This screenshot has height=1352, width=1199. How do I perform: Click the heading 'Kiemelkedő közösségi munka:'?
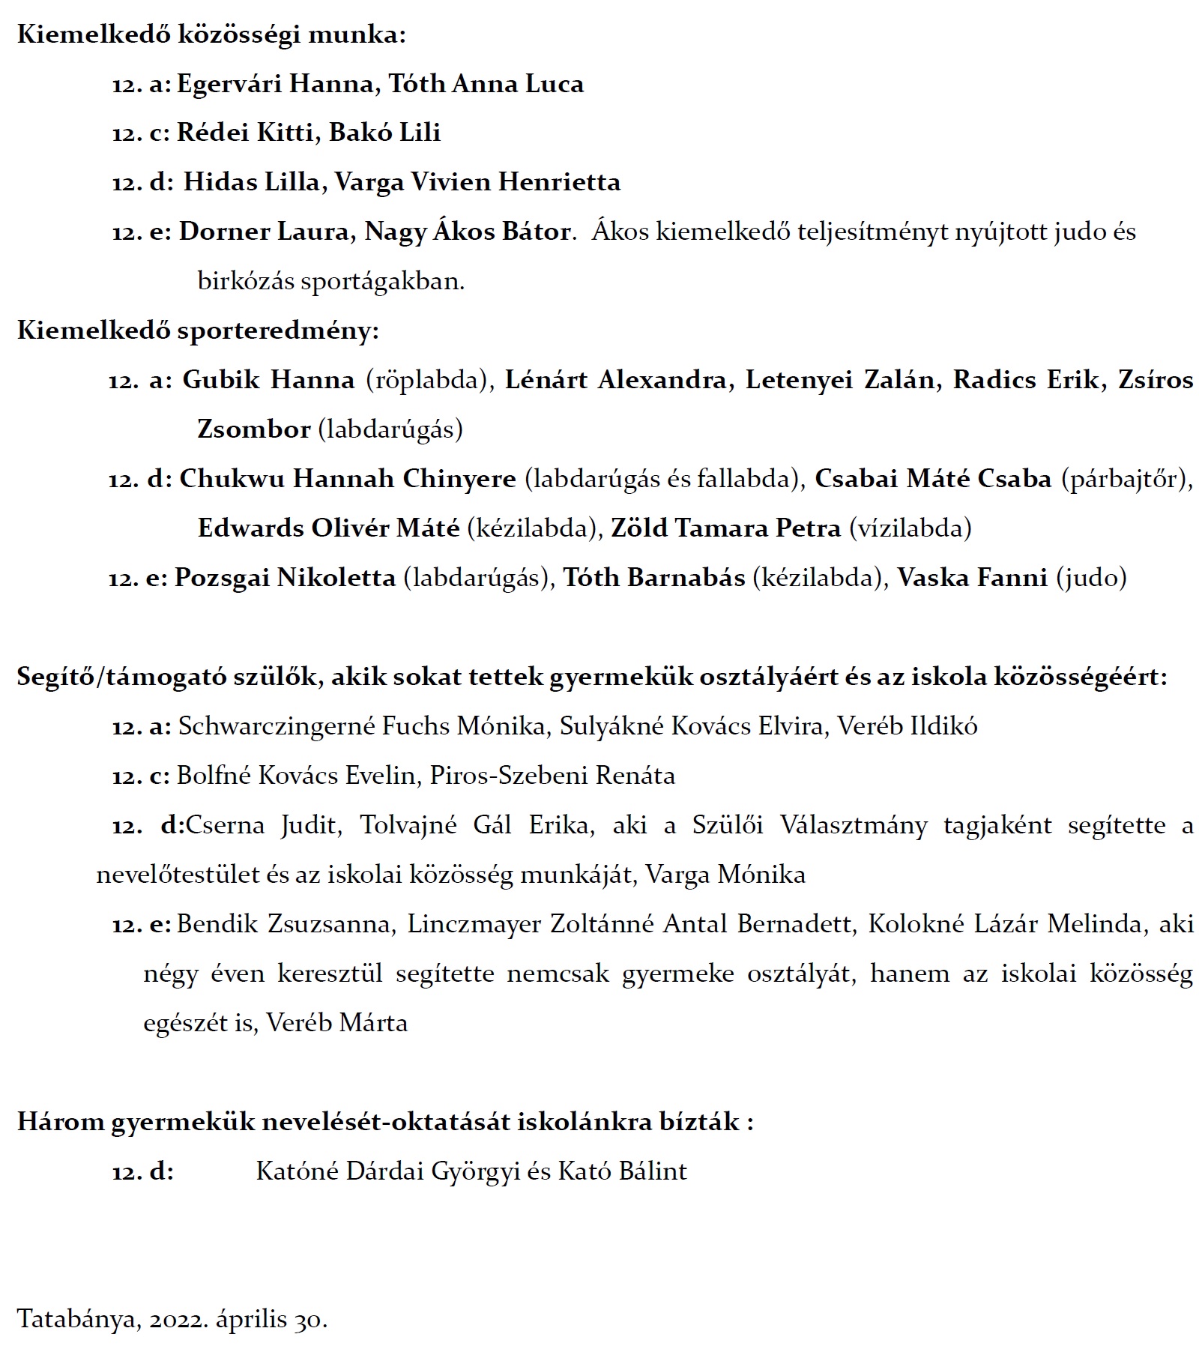[x=211, y=35]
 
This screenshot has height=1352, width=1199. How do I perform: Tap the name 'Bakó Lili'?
[x=384, y=133]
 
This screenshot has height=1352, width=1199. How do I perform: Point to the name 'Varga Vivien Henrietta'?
[x=477, y=182]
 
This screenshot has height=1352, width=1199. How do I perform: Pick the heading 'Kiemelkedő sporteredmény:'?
[x=198, y=331]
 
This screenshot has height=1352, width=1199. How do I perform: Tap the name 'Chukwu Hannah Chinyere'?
[x=348, y=479]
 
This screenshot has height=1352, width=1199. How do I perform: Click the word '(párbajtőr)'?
[x=1125, y=479]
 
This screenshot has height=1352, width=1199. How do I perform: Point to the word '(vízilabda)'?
[x=910, y=528]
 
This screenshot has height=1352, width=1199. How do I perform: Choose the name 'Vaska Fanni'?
[x=972, y=578]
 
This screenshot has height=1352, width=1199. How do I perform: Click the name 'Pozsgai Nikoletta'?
[x=285, y=578]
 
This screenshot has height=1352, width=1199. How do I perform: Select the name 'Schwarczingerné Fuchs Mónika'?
[x=362, y=726]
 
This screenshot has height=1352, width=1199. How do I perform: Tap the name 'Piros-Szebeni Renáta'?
[x=552, y=776]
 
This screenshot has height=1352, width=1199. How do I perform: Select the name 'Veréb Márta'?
[x=337, y=1023]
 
